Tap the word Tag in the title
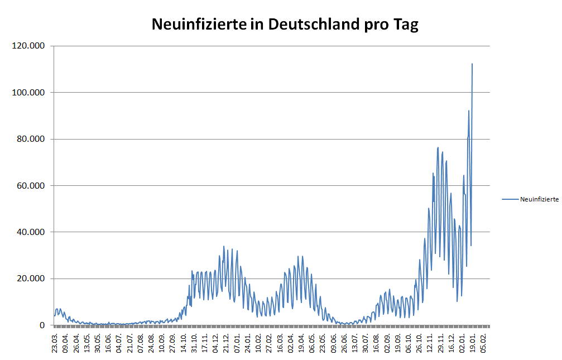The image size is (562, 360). click(405, 25)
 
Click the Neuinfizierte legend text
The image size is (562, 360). click(539, 199)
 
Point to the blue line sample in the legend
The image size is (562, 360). click(510, 199)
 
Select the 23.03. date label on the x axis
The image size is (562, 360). click(55, 342)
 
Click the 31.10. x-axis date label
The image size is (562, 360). click(194, 342)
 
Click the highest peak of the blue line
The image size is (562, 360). click(472, 64)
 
